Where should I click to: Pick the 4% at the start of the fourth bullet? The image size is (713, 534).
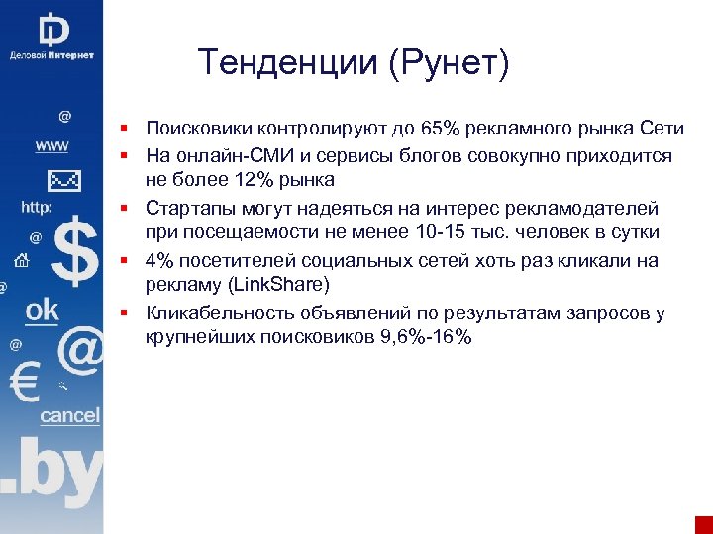click(x=159, y=260)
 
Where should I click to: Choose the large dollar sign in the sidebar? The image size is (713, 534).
click(x=74, y=254)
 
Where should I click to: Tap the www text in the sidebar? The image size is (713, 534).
click(x=51, y=146)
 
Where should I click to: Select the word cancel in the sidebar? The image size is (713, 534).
click(x=69, y=415)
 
